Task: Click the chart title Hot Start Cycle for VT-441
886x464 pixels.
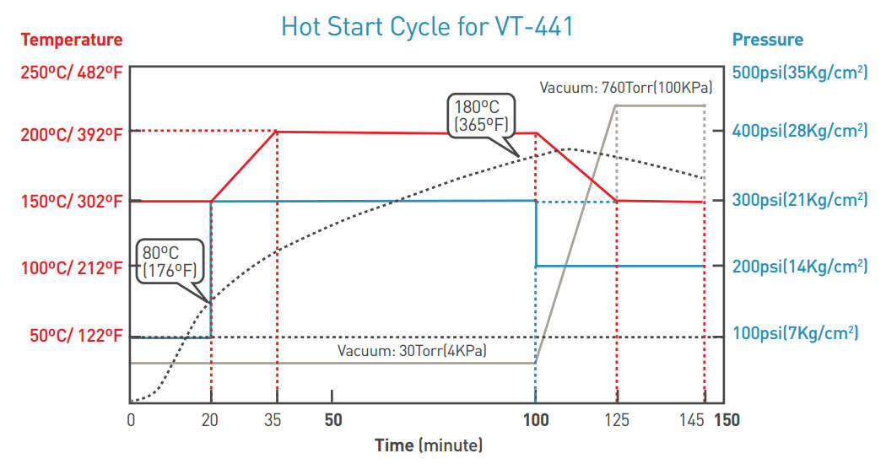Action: coord(427,27)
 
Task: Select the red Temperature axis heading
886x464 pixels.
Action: coord(72,40)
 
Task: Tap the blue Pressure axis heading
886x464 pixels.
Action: coord(767,40)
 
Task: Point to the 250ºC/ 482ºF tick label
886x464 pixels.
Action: coord(71,73)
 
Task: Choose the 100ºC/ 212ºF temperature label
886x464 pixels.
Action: coord(71,268)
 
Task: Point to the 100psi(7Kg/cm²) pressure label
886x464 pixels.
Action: coord(795,334)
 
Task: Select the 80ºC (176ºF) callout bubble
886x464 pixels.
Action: coord(171,262)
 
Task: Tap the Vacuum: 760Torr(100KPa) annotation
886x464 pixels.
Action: coord(626,87)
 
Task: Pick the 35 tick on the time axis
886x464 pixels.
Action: coord(277,420)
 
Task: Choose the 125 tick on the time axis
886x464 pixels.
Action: coord(617,420)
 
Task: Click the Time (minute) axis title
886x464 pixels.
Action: coord(429,445)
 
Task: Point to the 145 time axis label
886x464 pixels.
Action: coord(691,420)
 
